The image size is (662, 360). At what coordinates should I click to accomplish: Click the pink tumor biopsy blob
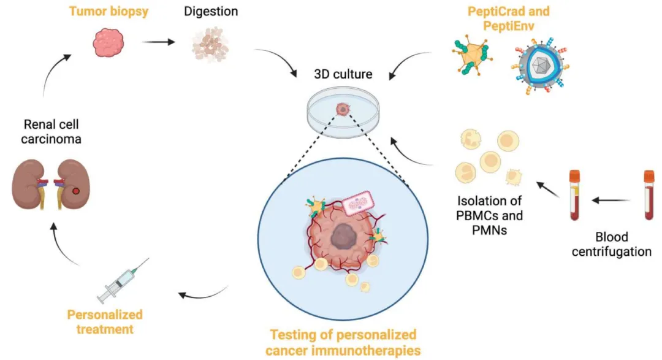coord(108,42)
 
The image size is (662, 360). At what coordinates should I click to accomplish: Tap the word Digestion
coord(211,12)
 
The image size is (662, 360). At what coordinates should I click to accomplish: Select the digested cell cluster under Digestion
coord(210,45)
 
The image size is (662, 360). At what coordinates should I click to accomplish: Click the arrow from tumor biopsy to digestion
coord(158,42)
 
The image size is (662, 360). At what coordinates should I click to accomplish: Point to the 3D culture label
coord(343,74)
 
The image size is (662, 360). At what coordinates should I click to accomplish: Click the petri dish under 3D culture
coord(343,112)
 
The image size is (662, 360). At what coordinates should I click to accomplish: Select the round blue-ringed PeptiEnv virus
coord(539,65)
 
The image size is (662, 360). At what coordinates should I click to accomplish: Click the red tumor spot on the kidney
coord(76,191)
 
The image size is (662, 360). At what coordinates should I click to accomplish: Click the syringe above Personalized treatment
coord(123,281)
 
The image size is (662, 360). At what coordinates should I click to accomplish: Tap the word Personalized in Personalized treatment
coord(105,315)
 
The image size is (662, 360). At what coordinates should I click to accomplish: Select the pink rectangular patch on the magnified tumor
coord(358,204)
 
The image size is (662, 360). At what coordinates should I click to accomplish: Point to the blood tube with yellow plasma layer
coord(574,195)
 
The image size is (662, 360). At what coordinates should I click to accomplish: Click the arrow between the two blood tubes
coord(611,201)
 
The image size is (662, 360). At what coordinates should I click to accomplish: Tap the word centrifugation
coord(611,252)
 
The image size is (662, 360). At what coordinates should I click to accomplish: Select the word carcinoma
coord(51,139)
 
